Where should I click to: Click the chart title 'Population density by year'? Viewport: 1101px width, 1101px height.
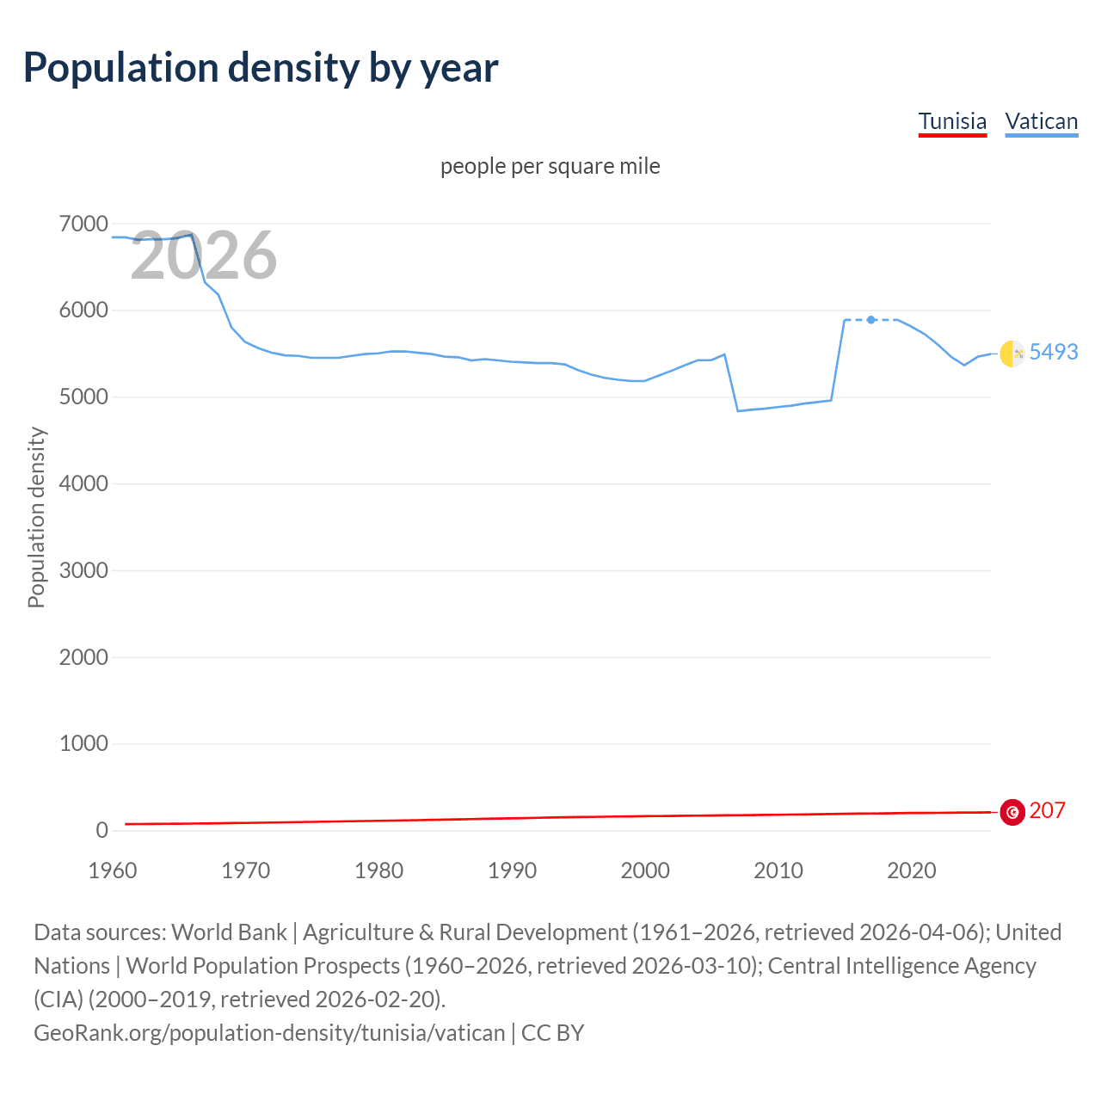pos(261,68)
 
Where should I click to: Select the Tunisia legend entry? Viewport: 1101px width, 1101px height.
pos(952,121)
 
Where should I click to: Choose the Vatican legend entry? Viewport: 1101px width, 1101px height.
pos(1042,121)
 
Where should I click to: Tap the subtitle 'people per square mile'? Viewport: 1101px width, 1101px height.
pos(550,166)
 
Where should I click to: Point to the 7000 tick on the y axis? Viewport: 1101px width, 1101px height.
pos(83,225)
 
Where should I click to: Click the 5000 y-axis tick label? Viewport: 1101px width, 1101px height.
pos(83,397)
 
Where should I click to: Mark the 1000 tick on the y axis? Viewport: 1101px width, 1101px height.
pos(83,744)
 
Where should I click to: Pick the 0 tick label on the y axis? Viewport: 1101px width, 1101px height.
pos(101,830)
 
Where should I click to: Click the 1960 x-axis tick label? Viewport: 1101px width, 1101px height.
pos(113,870)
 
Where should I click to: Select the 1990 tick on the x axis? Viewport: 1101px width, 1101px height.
pos(512,870)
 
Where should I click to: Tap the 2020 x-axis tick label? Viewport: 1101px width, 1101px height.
pos(911,870)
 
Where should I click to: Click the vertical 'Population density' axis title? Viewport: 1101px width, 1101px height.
pos(36,518)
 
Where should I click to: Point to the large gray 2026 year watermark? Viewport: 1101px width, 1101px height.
pos(204,255)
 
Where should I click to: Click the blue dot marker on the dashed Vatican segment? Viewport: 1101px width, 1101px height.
pos(871,320)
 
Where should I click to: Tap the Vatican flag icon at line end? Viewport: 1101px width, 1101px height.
pos(1012,353)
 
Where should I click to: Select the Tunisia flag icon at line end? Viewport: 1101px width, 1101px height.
pos(1012,812)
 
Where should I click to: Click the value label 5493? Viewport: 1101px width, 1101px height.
pos(1054,352)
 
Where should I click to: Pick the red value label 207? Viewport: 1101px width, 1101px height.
pos(1047,811)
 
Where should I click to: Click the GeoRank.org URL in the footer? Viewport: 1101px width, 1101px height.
pos(269,1033)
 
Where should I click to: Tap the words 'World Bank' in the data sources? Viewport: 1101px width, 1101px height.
pos(229,932)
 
